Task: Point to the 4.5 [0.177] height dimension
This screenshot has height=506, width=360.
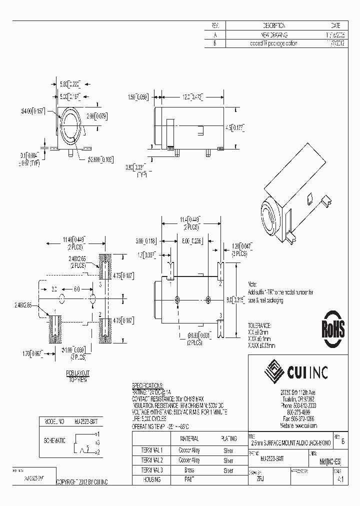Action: click(x=234, y=126)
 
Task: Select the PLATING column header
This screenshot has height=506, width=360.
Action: click(x=228, y=438)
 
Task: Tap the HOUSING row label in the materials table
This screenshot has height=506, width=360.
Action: click(x=150, y=479)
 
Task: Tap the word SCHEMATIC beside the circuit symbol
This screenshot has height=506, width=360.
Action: click(x=55, y=441)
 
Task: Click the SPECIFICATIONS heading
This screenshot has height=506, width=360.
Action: click(x=147, y=385)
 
